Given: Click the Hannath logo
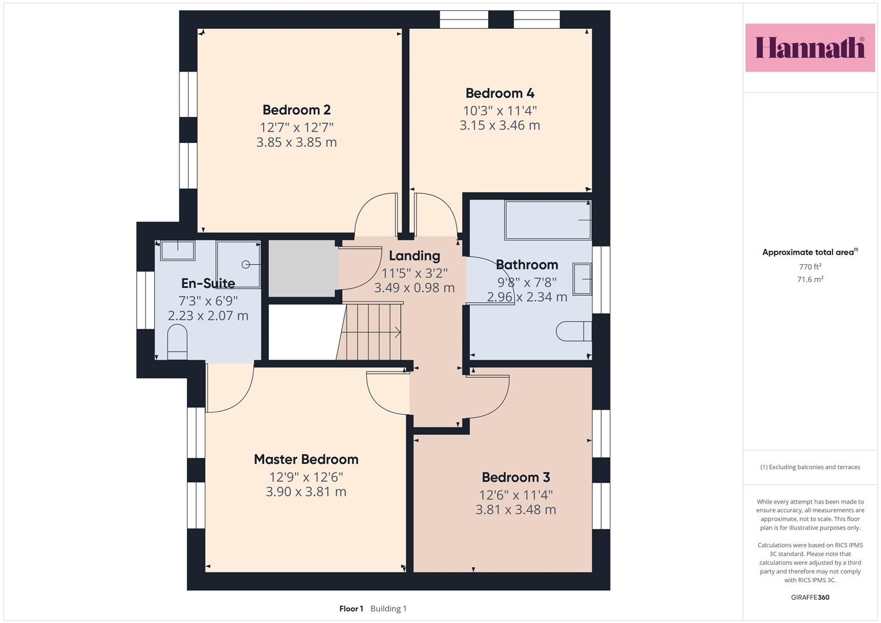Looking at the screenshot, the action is tap(810, 47).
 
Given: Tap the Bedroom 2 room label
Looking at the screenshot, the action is tap(297, 110).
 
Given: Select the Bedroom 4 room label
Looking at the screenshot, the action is tap(500, 93).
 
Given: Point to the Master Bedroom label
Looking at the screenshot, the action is tap(306, 459).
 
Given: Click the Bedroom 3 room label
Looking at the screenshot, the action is tap(516, 477).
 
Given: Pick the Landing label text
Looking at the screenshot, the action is tap(415, 256).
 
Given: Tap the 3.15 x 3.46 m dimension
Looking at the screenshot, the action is tap(500, 126).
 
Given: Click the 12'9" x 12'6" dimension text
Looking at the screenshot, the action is tap(306, 477).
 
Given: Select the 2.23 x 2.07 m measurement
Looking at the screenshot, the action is tap(208, 316).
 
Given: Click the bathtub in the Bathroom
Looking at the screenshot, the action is tap(548, 220).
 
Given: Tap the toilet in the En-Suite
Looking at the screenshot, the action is tap(177, 341).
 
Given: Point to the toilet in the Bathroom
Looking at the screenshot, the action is tap(574, 331).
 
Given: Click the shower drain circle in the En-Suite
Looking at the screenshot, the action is tap(246, 265).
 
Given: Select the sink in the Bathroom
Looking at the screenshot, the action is tap(582, 279).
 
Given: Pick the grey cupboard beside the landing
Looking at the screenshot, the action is tap(303, 268).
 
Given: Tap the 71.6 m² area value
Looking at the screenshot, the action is tap(810, 279).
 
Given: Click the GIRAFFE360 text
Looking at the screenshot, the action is tap(810, 597).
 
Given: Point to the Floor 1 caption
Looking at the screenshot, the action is tap(351, 609).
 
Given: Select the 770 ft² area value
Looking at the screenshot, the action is tap(810, 267).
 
